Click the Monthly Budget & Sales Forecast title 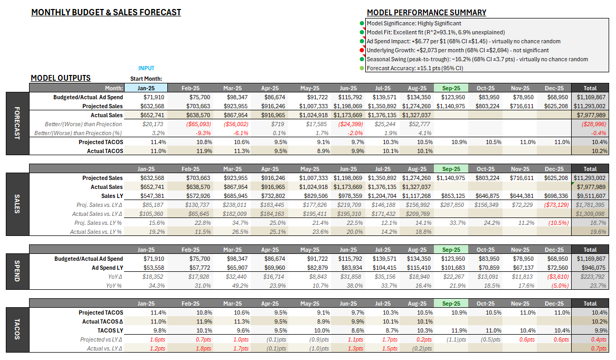[106, 12]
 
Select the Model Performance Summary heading [427, 13]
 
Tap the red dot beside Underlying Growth [362, 50]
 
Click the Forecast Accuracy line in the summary [415, 68]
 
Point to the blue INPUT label [146, 68]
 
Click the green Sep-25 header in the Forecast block [451, 88]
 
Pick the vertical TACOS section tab [16, 326]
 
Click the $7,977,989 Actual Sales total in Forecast [591, 115]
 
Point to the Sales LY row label [112, 196]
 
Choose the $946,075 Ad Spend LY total [591, 268]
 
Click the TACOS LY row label [111, 330]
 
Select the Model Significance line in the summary [414, 23]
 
